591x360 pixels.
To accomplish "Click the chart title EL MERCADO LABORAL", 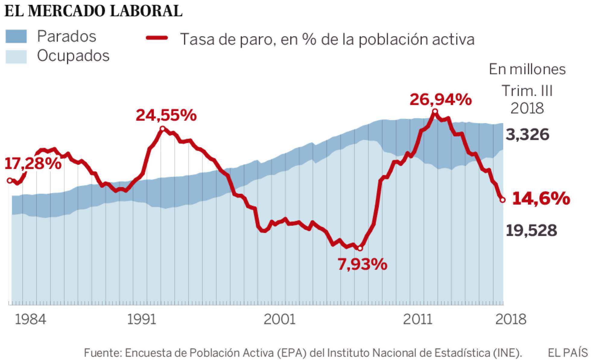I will [x=93, y=11].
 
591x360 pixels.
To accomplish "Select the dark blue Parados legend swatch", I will [x=16, y=36].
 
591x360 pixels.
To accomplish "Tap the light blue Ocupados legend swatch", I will [x=16, y=56].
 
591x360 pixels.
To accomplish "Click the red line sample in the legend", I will [x=157, y=38].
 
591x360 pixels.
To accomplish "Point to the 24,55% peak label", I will [x=166, y=115].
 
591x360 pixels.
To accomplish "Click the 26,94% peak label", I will [x=441, y=99].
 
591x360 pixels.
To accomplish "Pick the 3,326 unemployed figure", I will [x=527, y=134].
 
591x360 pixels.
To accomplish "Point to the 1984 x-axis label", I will [x=30, y=319].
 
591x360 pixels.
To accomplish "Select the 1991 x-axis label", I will [x=142, y=319].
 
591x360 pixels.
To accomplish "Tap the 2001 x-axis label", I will [x=280, y=319].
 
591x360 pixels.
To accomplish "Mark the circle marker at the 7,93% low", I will [x=359, y=248].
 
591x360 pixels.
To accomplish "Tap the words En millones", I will [x=527, y=69].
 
